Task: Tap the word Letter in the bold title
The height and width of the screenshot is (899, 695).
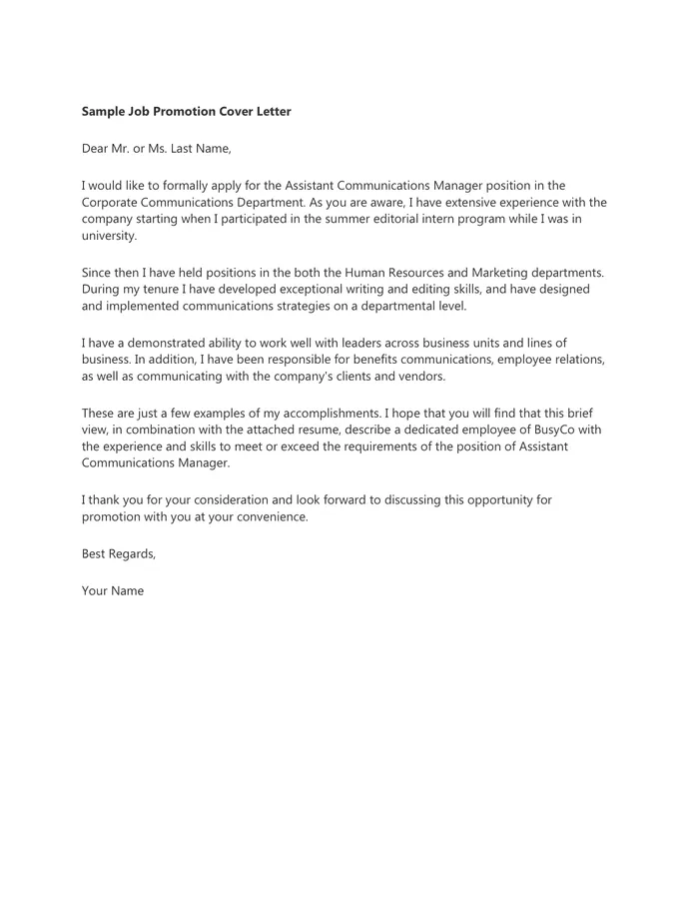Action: point(269,112)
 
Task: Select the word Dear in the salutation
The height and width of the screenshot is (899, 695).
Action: point(97,149)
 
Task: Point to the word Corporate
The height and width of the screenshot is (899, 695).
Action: point(111,202)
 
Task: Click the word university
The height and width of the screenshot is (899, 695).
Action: point(108,236)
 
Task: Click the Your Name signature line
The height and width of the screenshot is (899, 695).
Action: point(113,590)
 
